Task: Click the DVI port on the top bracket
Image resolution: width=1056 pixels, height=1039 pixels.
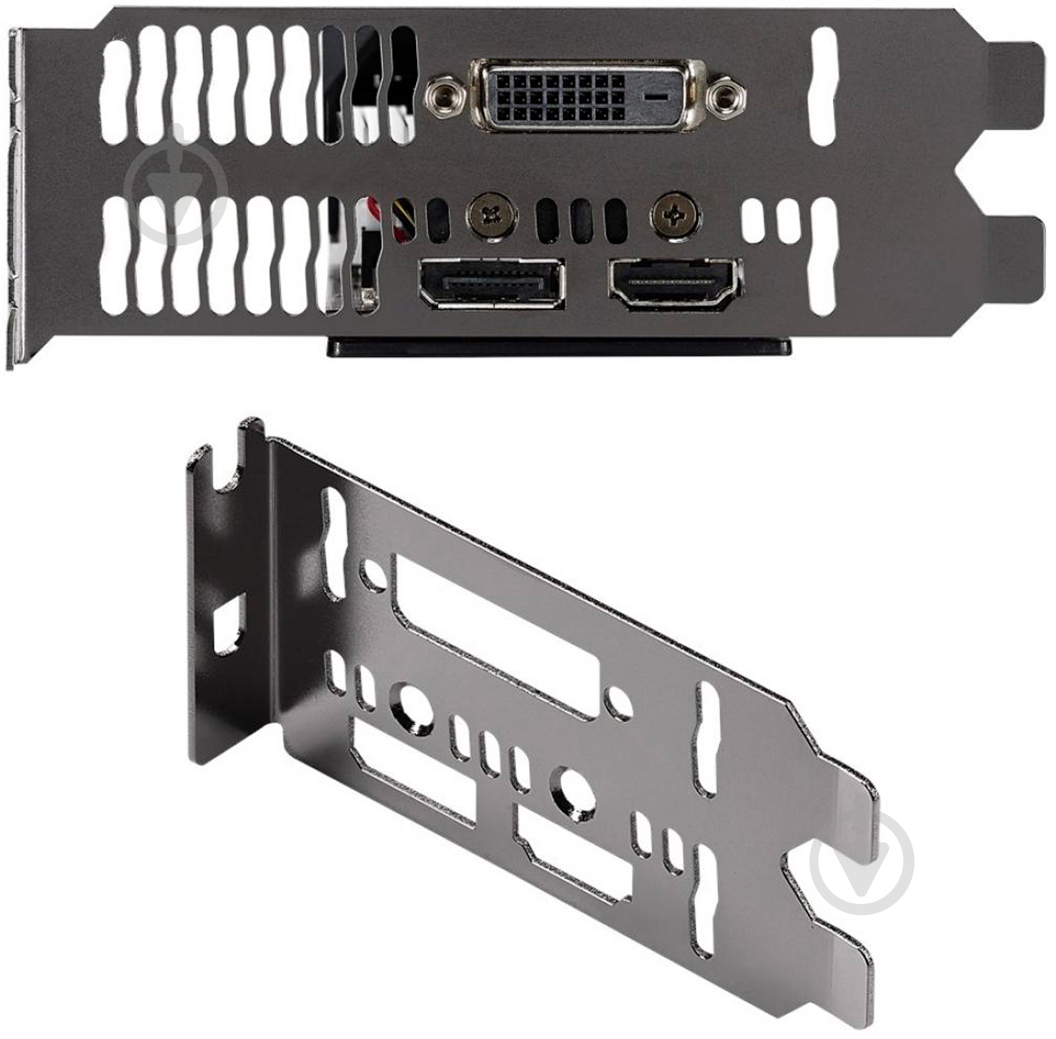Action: pos(586,95)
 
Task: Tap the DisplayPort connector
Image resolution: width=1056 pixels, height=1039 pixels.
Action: pos(492,283)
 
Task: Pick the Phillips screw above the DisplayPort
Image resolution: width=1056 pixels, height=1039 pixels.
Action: pos(492,213)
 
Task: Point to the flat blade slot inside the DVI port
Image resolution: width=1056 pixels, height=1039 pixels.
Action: pos(656,95)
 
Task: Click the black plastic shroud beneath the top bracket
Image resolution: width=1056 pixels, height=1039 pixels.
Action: pos(558,347)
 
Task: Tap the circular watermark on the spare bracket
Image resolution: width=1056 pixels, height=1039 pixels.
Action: pos(864,862)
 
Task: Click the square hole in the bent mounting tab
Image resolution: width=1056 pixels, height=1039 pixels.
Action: pos(230,626)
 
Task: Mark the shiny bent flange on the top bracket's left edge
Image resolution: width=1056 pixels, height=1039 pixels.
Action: pos(18,200)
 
